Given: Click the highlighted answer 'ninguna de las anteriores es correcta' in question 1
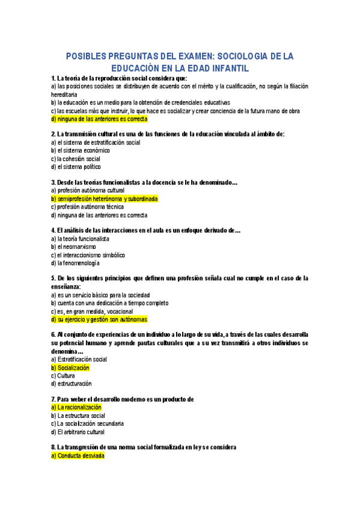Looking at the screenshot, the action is (99, 119).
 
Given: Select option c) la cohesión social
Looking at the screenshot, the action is (76, 159).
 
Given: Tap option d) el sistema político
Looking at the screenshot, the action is (76, 167).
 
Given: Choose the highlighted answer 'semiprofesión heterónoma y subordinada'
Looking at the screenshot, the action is (105, 199).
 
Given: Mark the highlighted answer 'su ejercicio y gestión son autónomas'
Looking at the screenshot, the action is (99, 319).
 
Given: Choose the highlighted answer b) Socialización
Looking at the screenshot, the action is (70, 367).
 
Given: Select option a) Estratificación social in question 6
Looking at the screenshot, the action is (79, 360).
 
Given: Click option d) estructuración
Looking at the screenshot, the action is (72, 384).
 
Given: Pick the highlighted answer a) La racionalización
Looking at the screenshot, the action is (76, 408).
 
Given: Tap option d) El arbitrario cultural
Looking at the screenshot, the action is (78, 432).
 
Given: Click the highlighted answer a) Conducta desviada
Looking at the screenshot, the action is (78, 456).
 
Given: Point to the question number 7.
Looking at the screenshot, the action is (53, 399).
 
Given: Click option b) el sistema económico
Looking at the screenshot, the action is (80, 151).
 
